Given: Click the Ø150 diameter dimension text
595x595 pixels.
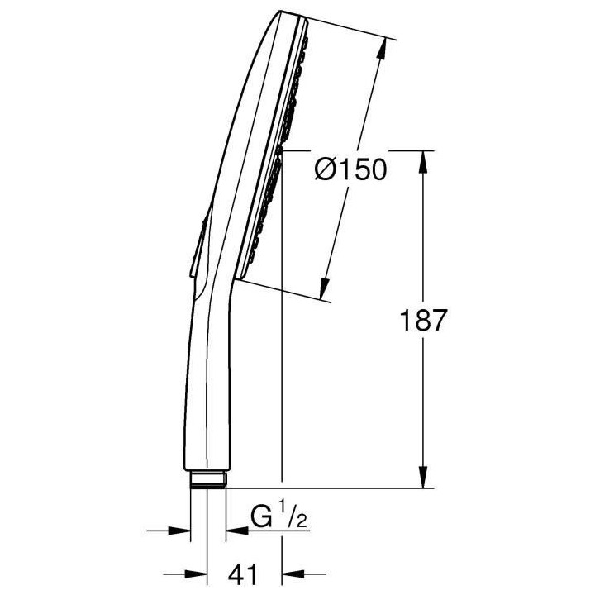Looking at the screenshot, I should (351, 172).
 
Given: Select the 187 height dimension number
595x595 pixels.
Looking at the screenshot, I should (422, 321).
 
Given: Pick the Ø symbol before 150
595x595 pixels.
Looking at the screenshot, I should (325, 172).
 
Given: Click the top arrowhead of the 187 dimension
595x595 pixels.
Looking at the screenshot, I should (424, 161).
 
